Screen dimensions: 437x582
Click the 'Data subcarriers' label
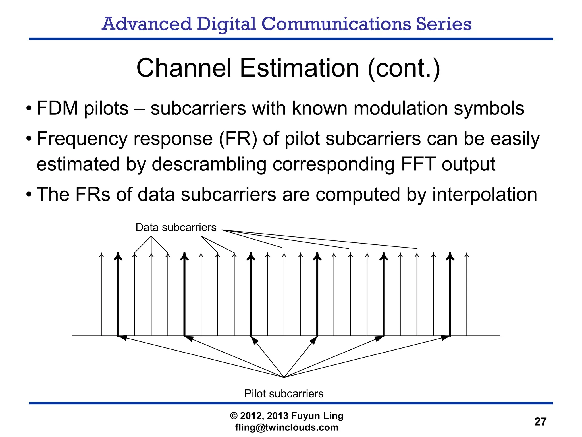tap(176, 228)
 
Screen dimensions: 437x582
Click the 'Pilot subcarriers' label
tap(284, 394)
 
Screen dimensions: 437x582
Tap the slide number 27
tap(540, 422)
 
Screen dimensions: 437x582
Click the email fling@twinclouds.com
tap(287, 427)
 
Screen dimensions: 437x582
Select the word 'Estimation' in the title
tap(300, 68)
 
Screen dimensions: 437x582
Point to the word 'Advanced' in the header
tap(147, 24)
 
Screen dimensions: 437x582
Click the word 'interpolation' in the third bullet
tap(485, 195)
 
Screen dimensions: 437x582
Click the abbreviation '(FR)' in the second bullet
tap(238, 139)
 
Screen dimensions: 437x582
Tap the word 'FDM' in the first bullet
tap(57, 108)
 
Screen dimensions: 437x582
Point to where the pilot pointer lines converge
tap(284, 377)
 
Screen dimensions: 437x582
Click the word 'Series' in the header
tap(444, 24)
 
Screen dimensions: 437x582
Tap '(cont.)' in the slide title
tap(404, 68)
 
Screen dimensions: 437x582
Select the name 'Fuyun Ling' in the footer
tap(317, 416)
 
